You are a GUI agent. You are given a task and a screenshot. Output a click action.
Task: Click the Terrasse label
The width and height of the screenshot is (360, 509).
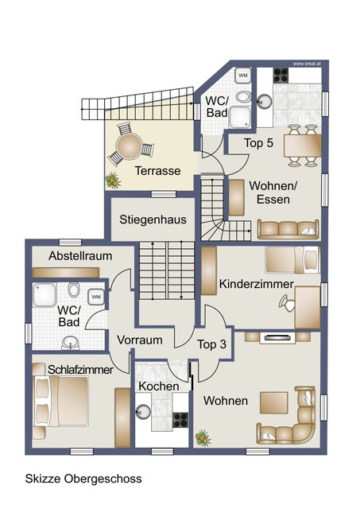pyautogui.click(x=157, y=171)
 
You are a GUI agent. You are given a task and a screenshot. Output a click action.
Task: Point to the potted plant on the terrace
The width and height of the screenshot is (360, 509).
pyautogui.click(x=113, y=179)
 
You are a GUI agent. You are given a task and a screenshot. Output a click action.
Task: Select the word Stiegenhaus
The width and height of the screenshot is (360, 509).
pyautogui.click(x=150, y=219)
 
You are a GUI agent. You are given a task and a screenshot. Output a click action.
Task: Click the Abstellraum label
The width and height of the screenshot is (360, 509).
pyautogui.click(x=80, y=256)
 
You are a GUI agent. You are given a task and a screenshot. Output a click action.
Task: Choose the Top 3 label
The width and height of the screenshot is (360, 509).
pyautogui.click(x=212, y=344)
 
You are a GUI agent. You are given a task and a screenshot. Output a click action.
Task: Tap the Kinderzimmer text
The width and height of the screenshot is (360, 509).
pyautogui.click(x=257, y=284)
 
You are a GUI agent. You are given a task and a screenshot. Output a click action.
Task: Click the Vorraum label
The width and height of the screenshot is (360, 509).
pyautogui.click(x=140, y=340)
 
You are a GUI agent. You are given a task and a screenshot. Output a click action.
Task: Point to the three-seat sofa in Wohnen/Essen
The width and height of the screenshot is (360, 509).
pyautogui.click(x=288, y=229)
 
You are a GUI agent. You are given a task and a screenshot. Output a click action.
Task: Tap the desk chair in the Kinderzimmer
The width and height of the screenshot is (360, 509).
pyautogui.click(x=285, y=301)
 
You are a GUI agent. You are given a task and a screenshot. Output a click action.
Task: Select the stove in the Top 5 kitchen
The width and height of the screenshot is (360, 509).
pyautogui.click(x=282, y=76)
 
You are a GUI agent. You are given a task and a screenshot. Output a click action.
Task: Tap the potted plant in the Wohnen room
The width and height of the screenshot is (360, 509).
pyautogui.click(x=203, y=437)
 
